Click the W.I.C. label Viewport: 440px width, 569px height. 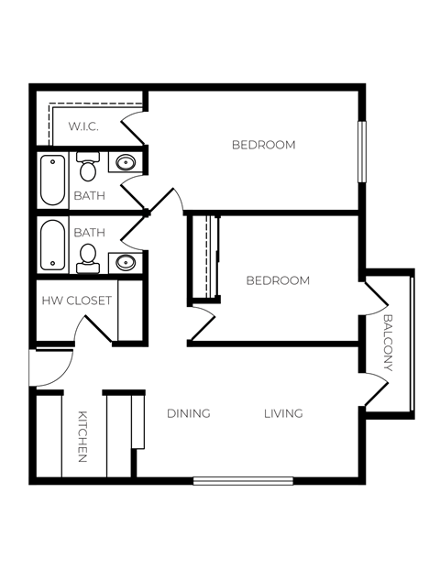pyautogui.click(x=83, y=126)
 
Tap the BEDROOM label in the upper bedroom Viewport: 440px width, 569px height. pyautogui.click(x=263, y=145)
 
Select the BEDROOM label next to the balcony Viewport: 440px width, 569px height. pyautogui.click(x=278, y=280)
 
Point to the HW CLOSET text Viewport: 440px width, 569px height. pyautogui.click(x=76, y=301)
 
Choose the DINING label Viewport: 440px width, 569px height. pyautogui.click(x=189, y=413)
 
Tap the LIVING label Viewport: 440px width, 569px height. pyautogui.click(x=283, y=413)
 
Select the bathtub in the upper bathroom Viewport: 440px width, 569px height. pyautogui.click(x=52, y=180)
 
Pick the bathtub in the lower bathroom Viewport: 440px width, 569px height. pyautogui.click(x=52, y=246)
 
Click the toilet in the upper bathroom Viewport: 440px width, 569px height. pyautogui.click(x=88, y=169)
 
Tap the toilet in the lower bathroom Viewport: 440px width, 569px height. pyautogui.click(x=89, y=256)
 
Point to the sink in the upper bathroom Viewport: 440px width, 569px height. pyautogui.click(x=126, y=164)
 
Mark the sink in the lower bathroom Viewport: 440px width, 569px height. pyautogui.click(x=126, y=263)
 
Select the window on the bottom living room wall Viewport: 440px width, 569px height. pyautogui.click(x=243, y=480)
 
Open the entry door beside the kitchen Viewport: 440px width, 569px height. pyautogui.click(x=50, y=368)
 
